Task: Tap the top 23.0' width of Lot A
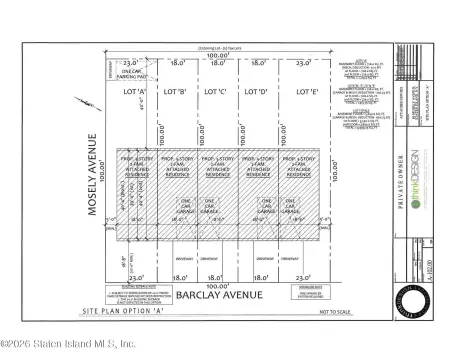[131, 62]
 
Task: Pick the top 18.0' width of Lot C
[217, 62]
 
